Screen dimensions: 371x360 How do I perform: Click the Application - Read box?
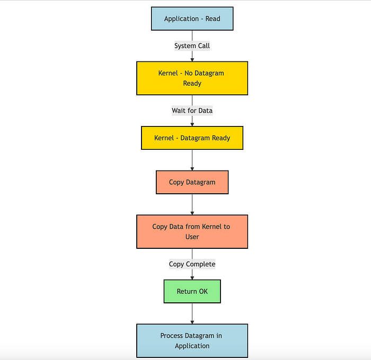tap(192, 19)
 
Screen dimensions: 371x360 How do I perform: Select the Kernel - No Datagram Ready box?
tap(192, 78)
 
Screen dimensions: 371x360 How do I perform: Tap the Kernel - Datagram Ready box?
tap(192, 138)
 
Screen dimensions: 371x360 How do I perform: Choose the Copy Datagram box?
tap(192, 182)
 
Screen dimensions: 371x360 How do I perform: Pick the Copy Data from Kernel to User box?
tap(192, 232)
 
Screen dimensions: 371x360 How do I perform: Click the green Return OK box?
tap(192, 291)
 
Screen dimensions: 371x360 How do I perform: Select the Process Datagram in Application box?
tap(192, 340)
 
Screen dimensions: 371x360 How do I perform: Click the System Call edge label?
tap(192, 46)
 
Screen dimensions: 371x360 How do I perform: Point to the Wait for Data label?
tap(192, 111)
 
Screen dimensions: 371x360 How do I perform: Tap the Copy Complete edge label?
tap(192, 264)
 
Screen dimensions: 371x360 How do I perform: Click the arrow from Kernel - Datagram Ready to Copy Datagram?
tap(192, 160)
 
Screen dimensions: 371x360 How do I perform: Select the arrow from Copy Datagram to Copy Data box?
tap(192, 204)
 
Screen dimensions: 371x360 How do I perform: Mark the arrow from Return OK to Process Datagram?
tap(192, 313)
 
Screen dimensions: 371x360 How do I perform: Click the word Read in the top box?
tap(213, 19)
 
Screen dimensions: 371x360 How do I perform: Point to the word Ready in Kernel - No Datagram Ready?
tap(192, 84)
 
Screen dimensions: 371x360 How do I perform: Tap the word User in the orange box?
tap(192, 237)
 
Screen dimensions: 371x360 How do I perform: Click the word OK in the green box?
tap(203, 291)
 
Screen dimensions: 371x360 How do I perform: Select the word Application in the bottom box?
tap(192, 346)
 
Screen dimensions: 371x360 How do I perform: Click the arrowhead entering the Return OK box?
tap(192, 278)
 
